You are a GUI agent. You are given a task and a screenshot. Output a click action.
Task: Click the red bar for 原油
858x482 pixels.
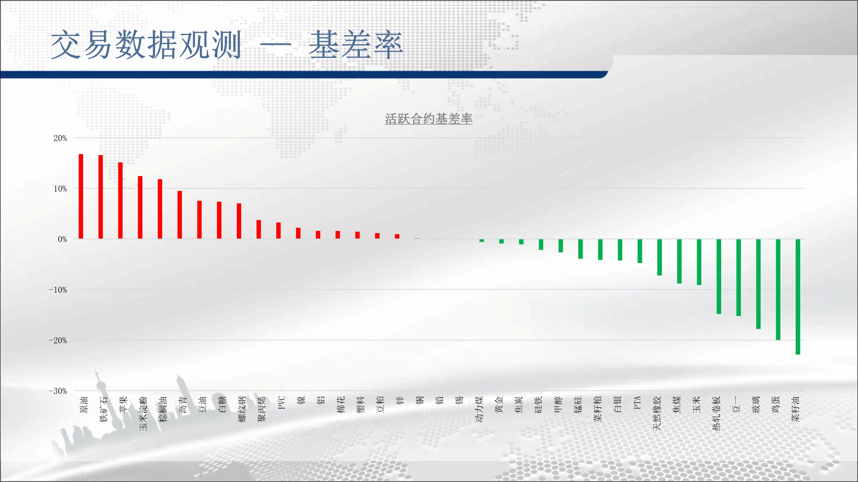pyautogui.click(x=81, y=196)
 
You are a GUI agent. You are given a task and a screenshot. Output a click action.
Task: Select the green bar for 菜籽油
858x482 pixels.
pyautogui.click(x=798, y=296)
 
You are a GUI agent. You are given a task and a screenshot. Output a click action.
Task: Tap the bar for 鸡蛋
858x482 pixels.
pyautogui.click(x=778, y=290)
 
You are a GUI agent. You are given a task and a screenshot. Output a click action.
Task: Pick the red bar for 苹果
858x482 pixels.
pyautogui.click(x=121, y=201)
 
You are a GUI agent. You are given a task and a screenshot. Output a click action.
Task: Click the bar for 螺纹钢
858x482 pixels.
pyautogui.click(x=239, y=221)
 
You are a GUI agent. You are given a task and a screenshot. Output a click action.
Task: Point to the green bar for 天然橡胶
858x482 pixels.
pyautogui.click(x=659, y=257)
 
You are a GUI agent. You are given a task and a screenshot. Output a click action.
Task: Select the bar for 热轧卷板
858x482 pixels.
pyautogui.click(x=719, y=276)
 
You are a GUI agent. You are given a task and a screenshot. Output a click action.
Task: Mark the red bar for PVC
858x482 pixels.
pyautogui.click(x=278, y=231)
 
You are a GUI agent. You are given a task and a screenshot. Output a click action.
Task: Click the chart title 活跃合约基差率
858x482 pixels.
pyautogui.click(x=429, y=119)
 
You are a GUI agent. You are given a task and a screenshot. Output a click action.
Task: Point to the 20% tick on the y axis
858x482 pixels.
pyautogui.click(x=60, y=138)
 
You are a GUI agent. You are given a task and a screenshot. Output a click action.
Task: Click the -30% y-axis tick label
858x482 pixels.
pyautogui.click(x=58, y=391)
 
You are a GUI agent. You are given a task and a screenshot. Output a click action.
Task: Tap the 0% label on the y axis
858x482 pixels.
pyautogui.click(x=62, y=239)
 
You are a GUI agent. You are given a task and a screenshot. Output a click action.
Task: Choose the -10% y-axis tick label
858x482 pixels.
pyautogui.click(x=58, y=290)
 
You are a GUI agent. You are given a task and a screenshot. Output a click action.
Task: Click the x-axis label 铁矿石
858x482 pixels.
pyautogui.click(x=103, y=409)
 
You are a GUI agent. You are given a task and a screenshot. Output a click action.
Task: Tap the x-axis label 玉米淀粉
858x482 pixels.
pyautogui.click(x=143, y=413)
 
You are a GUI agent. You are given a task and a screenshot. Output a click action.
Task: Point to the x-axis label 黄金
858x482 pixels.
pyautogui.click(x=499, y=404)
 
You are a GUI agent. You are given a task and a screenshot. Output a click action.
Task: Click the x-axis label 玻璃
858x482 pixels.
pyautogui.click(x=756, y=404)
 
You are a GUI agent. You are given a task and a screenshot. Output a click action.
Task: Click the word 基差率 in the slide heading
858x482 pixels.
pyautogui.click(x=356, y=45)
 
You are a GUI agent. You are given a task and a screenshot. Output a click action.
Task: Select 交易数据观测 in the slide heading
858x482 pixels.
pyautogui.click(x=146, y=45)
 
